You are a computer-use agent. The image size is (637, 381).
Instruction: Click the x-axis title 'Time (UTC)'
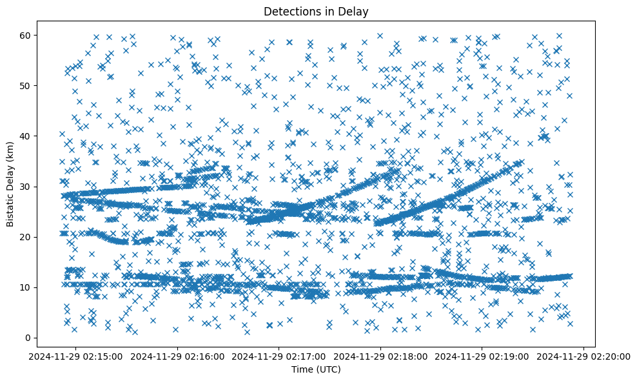coord(316,369)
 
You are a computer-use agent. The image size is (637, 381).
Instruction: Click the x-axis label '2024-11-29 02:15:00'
coord(77,356)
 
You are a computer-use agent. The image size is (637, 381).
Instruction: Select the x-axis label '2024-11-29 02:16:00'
coord(178,356)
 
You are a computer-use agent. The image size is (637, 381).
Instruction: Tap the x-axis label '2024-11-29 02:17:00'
coord(279,356)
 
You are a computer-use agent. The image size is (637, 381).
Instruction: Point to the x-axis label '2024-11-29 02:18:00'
coord(380,356)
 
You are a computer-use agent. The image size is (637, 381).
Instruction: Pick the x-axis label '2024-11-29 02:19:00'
coord(482,356)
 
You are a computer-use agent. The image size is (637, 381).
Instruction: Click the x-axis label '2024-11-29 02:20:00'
coord(583,356)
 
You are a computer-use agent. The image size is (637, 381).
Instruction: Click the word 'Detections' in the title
coord(297,11)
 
